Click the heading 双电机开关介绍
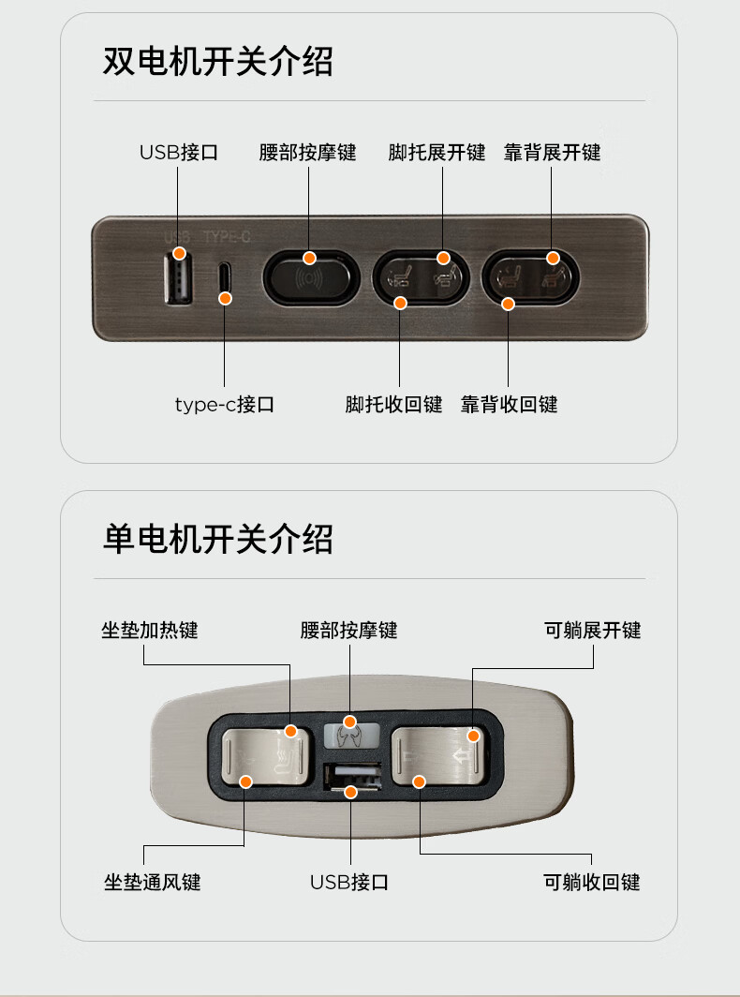tap(217, 62)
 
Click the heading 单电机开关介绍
tap(217, 539)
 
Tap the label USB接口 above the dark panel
tap(179, 153)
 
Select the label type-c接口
tap(225, 405)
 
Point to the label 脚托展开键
tap(437, 153)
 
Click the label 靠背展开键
tap(552, 153)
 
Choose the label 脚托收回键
tap(393, 405)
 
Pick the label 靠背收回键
tap(509, 405)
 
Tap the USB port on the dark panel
tap(179, 278)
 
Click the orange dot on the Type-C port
tap(225, 298)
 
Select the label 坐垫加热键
tap(150, 631)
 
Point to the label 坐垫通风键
tap(153, 883)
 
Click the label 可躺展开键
tap(593, 631)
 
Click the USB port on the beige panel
tap(353, 776)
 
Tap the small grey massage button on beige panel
tap(351, 736)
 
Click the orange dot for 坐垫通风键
tap(245, 781)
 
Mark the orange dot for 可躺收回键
tap(419, 781)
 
